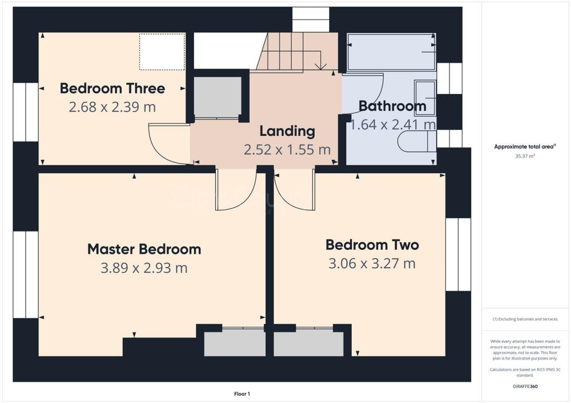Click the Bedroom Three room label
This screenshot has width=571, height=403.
112,89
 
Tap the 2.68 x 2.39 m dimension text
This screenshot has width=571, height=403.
112,107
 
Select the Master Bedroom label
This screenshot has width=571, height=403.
144,249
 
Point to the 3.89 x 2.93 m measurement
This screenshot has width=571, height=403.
144,268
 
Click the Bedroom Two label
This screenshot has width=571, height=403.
372,244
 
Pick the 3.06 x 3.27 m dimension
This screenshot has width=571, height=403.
372,263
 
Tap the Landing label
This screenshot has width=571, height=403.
287,131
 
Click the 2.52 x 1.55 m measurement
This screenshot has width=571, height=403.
287,149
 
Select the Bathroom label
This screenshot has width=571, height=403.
392,106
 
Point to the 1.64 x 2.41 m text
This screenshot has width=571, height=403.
392,124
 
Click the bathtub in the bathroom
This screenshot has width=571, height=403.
390,52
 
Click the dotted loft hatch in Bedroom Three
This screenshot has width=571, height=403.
162,51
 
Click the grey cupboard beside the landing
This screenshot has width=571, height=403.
217,97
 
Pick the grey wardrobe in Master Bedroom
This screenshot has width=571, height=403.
235,343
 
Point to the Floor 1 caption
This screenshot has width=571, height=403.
241,394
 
